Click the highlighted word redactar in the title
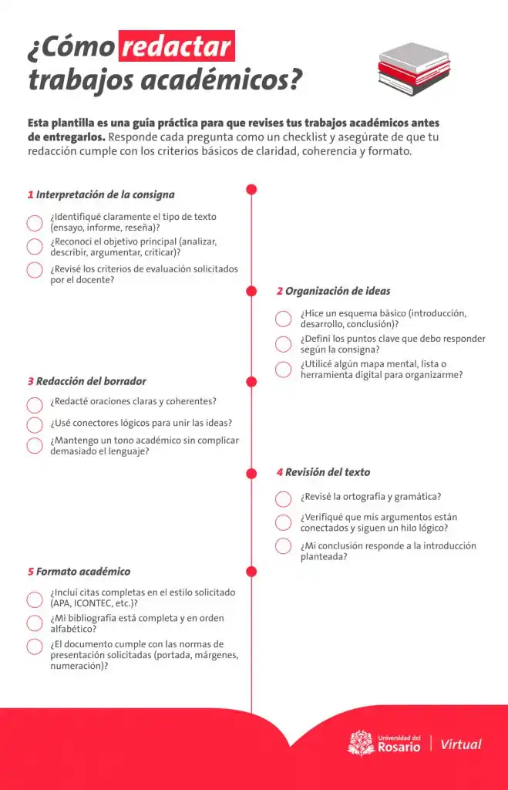coord(177,47)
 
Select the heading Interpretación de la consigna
coord(105,195)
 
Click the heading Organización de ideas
coord(338,292)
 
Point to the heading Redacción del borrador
coord(91,381)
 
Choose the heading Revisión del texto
coord(328,472)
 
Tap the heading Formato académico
coord(83,572)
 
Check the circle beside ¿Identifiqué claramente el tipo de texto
coord(35,223)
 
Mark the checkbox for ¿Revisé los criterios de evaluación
coord(35,270)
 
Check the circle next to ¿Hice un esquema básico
coord(284,319)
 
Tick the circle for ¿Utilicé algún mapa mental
coord(284,369)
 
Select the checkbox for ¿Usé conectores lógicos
coord(35,424)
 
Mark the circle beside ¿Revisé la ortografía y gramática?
coord(284,498)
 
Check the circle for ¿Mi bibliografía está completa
coord(35,623)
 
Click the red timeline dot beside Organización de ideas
coord(251,291)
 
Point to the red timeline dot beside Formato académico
coord(251,571)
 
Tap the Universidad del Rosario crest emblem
coord(361,744)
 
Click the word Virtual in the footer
coord(461,744)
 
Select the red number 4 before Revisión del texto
coord(280,472)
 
